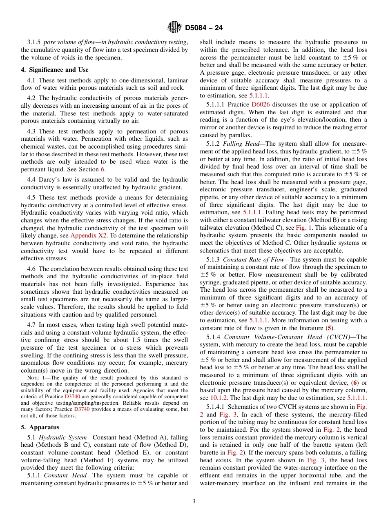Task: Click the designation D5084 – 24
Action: point(203,28)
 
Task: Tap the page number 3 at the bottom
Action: point(194,501)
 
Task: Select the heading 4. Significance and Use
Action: point(54,70)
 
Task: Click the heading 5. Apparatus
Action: point(40,427)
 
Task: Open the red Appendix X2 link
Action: point(88,235)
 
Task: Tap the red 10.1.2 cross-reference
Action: point(219,398)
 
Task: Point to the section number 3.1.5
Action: point(33,42)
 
